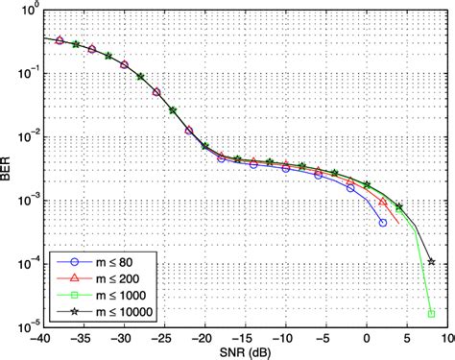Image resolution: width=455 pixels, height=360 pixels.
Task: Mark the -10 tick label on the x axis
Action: tap(284, 337)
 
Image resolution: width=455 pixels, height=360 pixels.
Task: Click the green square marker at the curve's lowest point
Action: tap(432, 313)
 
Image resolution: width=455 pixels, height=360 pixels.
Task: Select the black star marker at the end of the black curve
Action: tap(432, 261)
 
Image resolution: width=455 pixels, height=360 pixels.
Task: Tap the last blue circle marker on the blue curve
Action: tap(383, 223)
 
